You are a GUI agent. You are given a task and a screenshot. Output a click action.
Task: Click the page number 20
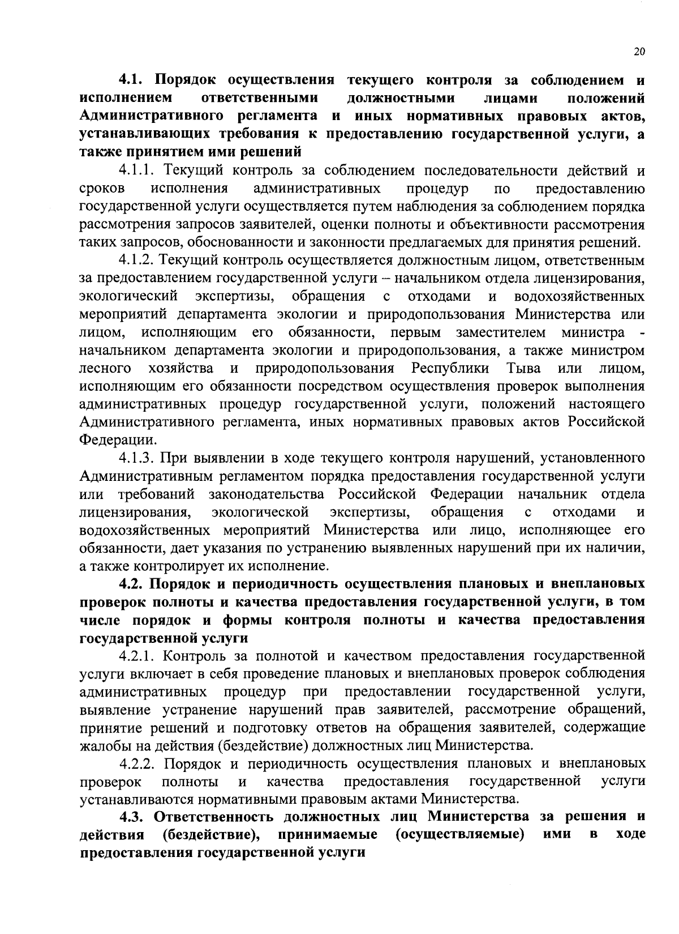click(639, 52)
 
